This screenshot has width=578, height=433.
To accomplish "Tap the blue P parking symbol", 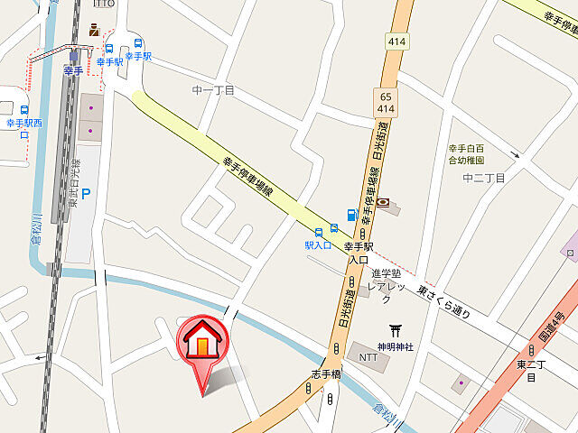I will point(86,193).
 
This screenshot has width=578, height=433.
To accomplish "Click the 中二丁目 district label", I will point(482,179).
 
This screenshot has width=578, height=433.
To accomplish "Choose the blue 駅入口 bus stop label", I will point(318,244).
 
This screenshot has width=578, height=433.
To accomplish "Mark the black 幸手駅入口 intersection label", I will point(359,253).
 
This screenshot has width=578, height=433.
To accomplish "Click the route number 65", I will point(387,96).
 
